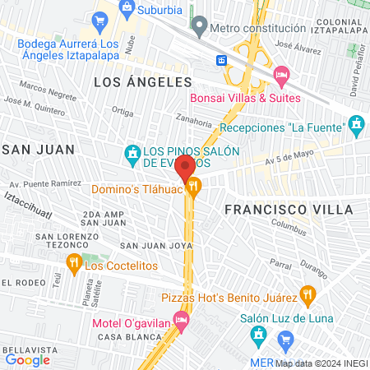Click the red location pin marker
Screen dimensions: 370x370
tap(183, 167)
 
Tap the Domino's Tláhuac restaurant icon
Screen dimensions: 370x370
tap(193, 187)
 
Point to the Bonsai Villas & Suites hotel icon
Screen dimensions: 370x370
tap(281, 75)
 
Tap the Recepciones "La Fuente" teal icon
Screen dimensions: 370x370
tap(356, 126)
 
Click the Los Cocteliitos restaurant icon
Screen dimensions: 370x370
tap(73, 265)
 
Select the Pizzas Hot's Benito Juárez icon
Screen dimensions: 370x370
tap(307, 292)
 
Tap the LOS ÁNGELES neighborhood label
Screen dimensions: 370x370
tap(142, 82)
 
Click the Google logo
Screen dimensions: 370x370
tap(28, 359)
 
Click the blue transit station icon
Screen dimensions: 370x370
tap(221, 60)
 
